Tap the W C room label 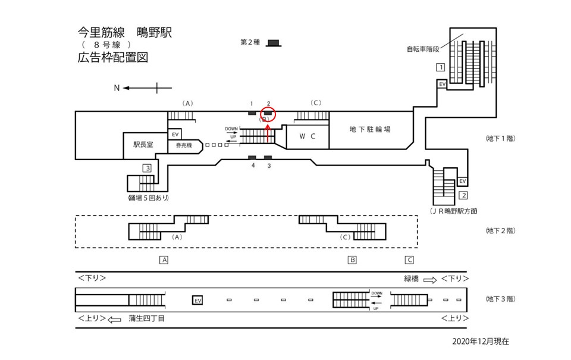click(x=306, y=136)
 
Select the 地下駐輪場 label click(x=370, y=129)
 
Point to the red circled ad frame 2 click(x=268, y=112)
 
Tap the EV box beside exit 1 click(x=442, y=84)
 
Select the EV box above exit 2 click(x=463, y=181)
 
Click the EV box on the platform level click(x=198, y=300)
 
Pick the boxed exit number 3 click(x=147, y=168)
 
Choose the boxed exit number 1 click(x=440, y=67)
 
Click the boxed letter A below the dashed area click(x=164, y=259)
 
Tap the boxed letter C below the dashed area click(x=409, y=259)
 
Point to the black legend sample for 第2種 click(x=274, y=42)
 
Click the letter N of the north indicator click(x=117, y=88)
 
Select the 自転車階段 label click(x=423, y=49)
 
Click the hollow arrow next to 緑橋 click(x=430, y=279)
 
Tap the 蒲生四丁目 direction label click(x=146, y=318)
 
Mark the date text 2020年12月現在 click(x=481, y=342)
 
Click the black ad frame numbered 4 click(x=252, y=157)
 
